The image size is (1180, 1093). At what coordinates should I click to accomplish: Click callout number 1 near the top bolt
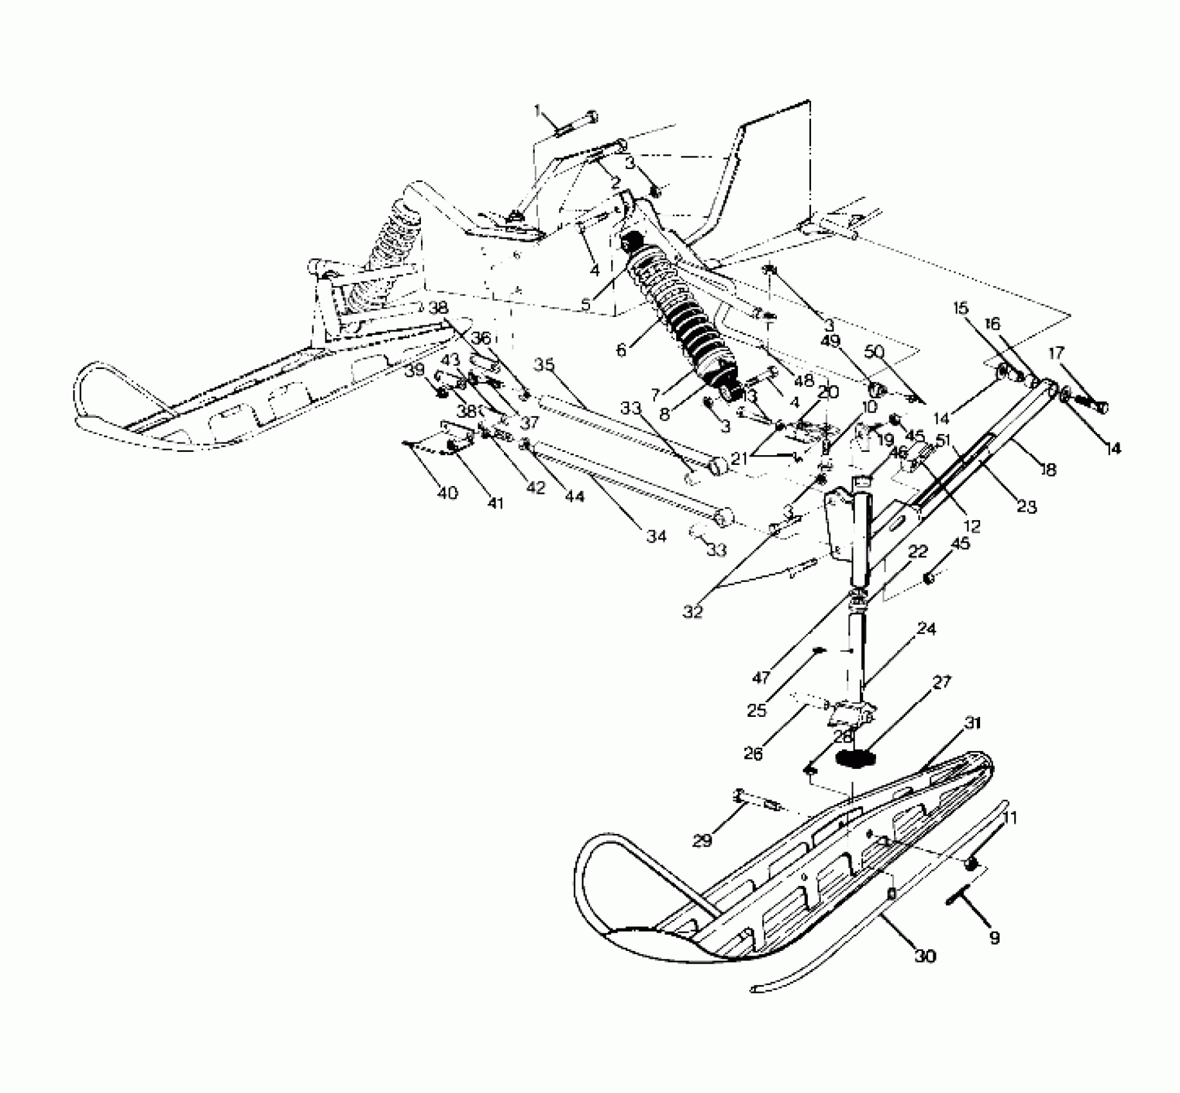537,111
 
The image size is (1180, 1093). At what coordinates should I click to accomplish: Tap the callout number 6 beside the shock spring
620,351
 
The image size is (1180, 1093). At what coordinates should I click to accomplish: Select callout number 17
1055,353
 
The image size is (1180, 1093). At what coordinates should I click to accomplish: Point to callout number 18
1048,470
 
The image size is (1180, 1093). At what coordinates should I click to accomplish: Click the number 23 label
1027,508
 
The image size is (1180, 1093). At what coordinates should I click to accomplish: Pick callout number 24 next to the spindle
927,628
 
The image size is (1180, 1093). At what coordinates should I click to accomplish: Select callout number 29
702,840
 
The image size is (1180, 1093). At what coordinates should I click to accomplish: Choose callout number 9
994,938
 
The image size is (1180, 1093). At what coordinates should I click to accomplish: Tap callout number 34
656,536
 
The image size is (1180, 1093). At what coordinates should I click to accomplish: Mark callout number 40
447,493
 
